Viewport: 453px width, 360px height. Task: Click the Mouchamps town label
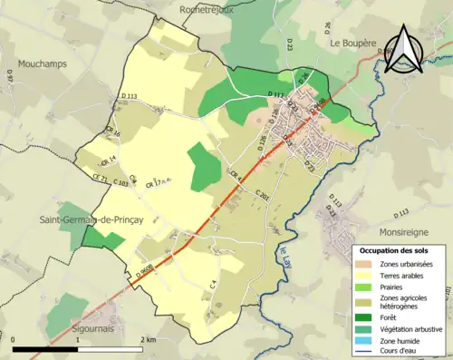[44, 66]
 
